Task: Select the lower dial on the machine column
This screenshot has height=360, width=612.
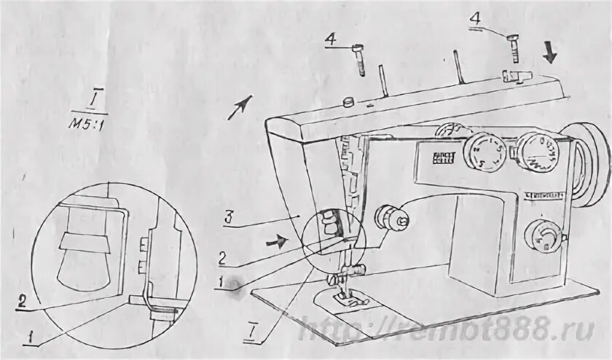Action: (x=539, y=235)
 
